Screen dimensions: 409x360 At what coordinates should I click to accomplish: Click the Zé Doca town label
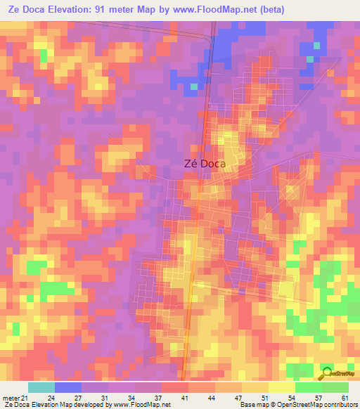tap(200, 163)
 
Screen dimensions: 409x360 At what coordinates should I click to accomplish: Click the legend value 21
tap(25, 398)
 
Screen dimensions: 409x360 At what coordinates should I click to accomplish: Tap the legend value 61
tap(345, 398)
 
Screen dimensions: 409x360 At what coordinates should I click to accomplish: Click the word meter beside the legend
tap(11, 398)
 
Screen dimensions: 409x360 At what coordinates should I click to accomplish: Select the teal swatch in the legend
tap(41, 387)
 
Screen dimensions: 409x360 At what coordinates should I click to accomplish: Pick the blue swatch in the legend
tap(68, 387)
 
